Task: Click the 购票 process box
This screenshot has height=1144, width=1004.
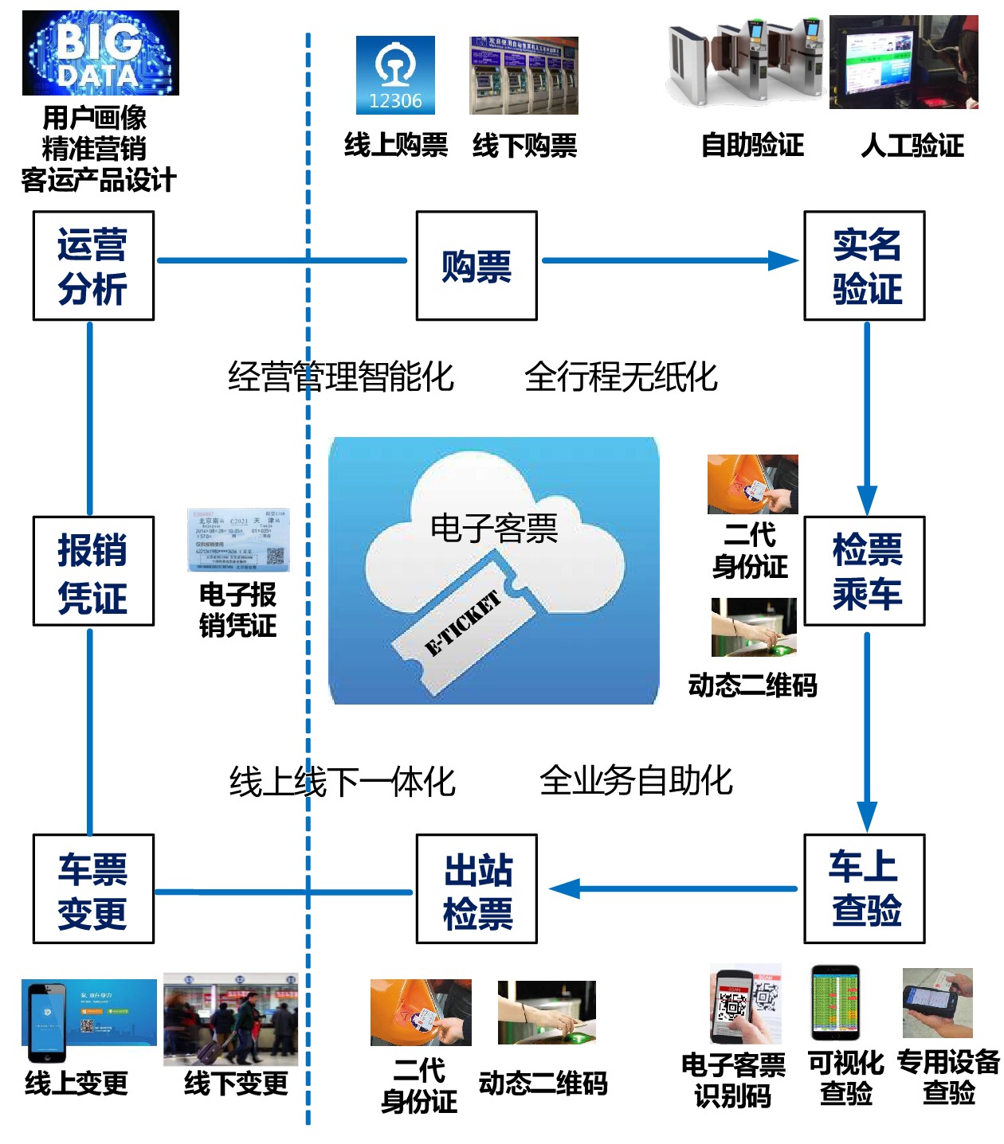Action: [x=477, y=266]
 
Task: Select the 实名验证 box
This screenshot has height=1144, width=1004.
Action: [x=865, y=266]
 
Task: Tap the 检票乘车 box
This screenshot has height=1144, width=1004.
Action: [x=865, y=571]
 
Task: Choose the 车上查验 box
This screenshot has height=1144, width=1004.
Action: [x=865, y=888]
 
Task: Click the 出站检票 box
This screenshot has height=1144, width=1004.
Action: [x=477, y=888]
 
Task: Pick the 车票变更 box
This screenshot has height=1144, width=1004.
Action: [x=93, y=888]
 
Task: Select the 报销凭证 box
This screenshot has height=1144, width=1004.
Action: [x=93, y=571]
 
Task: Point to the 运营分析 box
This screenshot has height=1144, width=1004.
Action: [x=93, y=266]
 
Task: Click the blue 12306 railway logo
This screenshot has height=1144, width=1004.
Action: [x=395, y=75]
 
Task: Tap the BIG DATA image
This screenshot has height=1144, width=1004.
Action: [x=100, y=53]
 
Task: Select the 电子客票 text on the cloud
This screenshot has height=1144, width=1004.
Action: [x=493, y=529]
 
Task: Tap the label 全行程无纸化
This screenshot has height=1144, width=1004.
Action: [x=621, y=377]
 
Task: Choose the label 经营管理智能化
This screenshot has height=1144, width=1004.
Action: [x=341, y=377]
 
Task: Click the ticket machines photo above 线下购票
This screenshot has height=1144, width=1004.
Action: [x=524, y=76]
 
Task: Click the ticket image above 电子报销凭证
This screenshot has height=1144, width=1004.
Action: [x=238, y=540]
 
